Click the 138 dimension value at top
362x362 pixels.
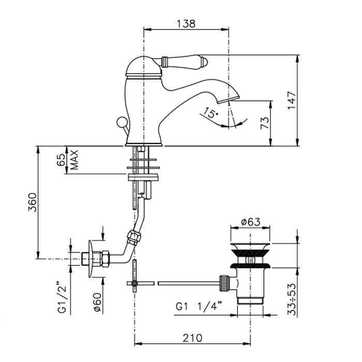pyautogui.click(x=186, y=23)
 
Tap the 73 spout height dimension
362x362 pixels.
pyautogui.click(x=264, y=123)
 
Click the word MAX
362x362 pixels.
pyautogui.click(x=74, y=160)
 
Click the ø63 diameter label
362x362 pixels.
pyautogui.click(x=250, y=223)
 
